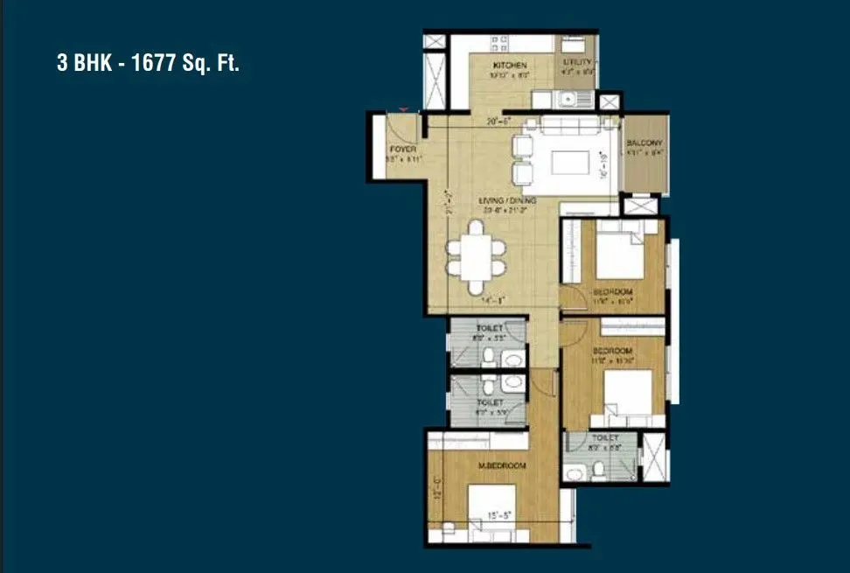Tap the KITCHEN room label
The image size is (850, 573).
[509, 66]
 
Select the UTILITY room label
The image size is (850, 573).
[579, 63]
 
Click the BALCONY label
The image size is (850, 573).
[645, 143]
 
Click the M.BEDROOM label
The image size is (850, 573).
[502, 466]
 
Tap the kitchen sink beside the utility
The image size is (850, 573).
[568, 99]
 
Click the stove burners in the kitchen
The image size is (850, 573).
[501, 41]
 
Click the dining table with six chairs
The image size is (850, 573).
[476, 255]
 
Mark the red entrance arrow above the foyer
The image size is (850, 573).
[403, 109]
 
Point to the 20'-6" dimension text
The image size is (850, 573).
[498, 122]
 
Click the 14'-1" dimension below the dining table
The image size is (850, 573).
[493, 301]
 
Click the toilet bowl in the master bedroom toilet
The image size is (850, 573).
[596, 471]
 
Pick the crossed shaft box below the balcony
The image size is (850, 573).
[633, 206]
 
